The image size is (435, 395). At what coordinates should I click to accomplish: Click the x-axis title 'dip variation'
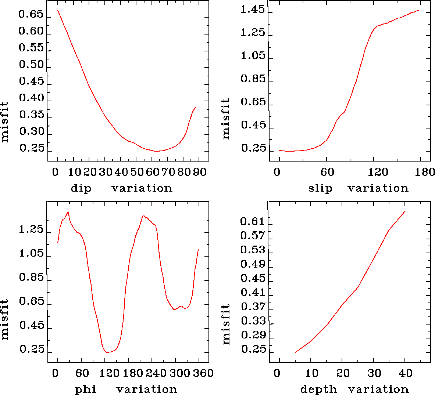121,188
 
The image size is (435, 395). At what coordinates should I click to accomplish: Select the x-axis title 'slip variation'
358,188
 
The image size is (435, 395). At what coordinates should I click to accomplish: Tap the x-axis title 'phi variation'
126,389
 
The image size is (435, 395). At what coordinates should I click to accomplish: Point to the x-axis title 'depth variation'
354,389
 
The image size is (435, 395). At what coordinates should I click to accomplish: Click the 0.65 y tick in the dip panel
31,15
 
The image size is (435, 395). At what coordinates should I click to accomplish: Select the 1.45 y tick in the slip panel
252,10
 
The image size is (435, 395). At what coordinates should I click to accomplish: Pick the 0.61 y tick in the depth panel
253,221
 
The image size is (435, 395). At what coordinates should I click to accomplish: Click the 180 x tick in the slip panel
425,172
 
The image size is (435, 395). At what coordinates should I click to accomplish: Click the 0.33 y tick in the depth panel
253,321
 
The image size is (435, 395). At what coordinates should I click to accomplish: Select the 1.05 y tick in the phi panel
31,254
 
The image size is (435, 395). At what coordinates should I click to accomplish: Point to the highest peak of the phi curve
68,211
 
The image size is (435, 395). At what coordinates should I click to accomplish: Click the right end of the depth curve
405,211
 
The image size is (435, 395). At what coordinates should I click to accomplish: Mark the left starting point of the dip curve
58,10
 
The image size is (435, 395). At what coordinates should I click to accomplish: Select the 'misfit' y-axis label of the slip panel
226,119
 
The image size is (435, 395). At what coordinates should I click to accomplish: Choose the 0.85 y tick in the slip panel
253,79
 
